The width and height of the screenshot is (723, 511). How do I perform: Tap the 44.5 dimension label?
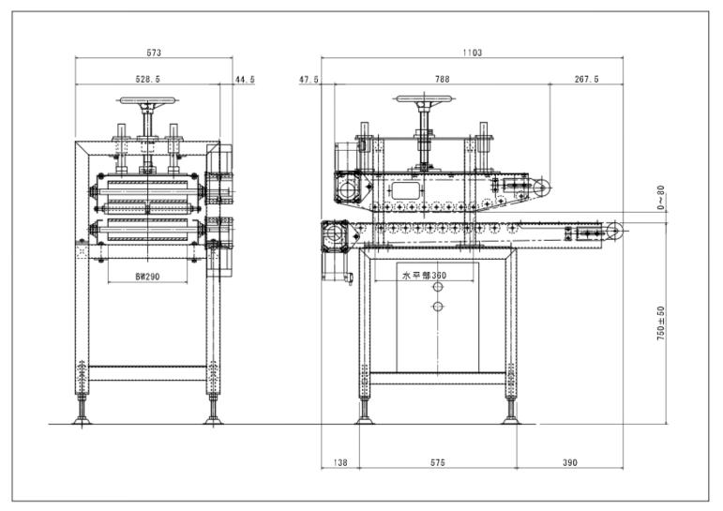point(245,80)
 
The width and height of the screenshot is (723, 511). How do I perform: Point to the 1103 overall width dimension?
point(472,53)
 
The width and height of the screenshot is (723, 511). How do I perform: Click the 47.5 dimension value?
point(309,80)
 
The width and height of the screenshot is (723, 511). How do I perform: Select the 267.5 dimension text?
point(586,80)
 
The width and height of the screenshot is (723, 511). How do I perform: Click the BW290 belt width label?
point(148,277)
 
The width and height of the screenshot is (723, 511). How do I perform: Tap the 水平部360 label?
point(424,276)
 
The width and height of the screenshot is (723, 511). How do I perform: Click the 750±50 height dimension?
point(661,323)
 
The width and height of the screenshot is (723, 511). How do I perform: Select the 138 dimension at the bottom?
point(339,463)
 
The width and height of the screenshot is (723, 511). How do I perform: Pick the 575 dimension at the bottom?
point(437,463)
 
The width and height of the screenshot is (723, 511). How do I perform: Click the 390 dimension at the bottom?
point(570,463)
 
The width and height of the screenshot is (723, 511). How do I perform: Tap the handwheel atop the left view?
point(148,100)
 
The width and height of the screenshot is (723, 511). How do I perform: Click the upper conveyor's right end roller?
point(541,189)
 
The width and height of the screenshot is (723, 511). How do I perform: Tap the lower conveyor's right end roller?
point(612,232)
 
